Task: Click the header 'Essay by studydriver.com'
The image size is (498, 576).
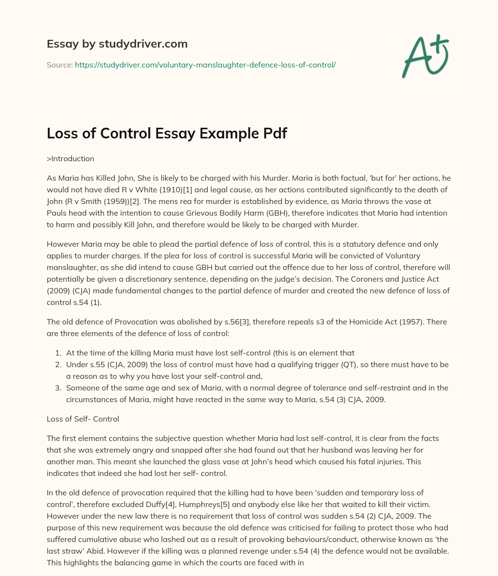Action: pyautogui.click(x=117, y=44)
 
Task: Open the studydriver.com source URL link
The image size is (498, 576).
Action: pyautogui.click(x=205, y=65)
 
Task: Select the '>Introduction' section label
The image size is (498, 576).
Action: pyautogui.click(x=71, y=158)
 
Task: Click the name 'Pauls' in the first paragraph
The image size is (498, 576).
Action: pyautogui.click(x=57, y=213)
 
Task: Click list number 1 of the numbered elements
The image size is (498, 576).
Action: pyautogui.click(x=58, y=353)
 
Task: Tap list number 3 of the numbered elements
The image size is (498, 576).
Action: pyautogui.click(x=58, y=388)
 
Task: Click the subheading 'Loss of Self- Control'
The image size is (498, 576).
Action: pyautogui.click(x=83, y=419)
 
